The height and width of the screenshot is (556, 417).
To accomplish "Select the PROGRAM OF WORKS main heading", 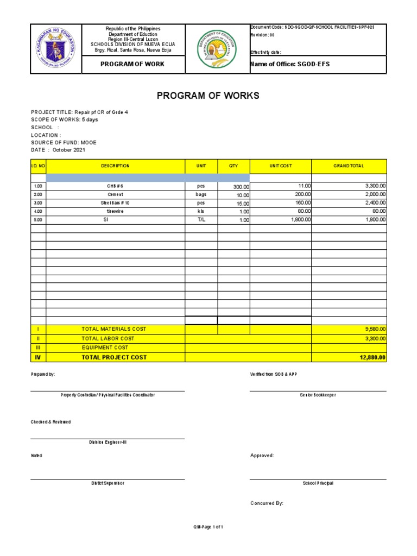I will [208, 96].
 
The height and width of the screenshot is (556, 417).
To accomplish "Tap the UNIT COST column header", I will [281, 166].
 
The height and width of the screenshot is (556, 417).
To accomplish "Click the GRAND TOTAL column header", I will [349, 166].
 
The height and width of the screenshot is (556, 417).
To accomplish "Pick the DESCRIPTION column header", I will [115, 166].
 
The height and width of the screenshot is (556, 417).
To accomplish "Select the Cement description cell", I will [115, 194].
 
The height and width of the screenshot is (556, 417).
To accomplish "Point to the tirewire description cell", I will [115, 211].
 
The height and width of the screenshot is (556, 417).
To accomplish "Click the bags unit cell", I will [201, 194].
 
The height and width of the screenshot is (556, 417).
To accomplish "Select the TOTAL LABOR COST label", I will [108, 338].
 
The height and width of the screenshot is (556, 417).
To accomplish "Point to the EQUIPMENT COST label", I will [105, 347].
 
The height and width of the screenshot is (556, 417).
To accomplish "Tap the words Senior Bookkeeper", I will [318, 395].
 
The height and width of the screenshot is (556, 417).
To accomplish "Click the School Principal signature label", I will [318, 483].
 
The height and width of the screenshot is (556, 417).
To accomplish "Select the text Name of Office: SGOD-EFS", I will [289, 65].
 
